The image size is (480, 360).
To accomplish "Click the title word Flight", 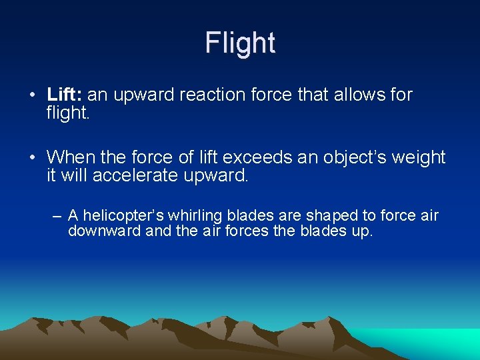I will coord(240,43).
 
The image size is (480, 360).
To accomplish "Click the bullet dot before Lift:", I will coord(33,95).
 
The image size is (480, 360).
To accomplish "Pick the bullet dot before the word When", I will coord(33,158).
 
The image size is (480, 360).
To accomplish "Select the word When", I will coord(72,157).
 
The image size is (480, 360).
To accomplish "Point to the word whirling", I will coord(196,215).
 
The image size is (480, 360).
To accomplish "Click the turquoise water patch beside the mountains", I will coord(427,341).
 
